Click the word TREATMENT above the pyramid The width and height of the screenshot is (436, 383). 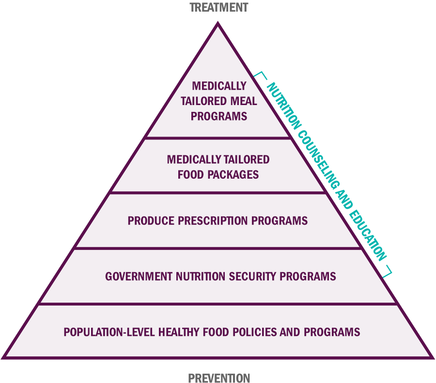[219, 7]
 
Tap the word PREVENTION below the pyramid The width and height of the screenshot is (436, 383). [219, 378]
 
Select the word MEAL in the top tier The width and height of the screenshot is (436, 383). [244, 101]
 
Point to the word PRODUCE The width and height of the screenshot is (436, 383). [151, 221]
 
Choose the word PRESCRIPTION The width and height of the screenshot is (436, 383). [213, 221]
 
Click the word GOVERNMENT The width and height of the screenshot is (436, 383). [139, 276]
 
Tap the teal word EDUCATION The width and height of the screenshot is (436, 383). [368, 236]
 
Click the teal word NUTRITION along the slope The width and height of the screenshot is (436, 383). [284, 106]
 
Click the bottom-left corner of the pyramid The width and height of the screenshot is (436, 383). [2, 358]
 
